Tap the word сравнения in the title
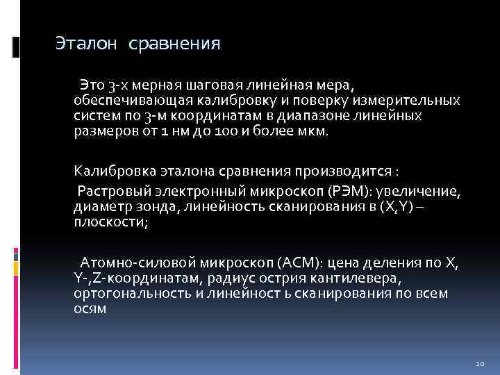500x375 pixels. [174, 45]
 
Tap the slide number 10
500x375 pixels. [480, 364]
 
